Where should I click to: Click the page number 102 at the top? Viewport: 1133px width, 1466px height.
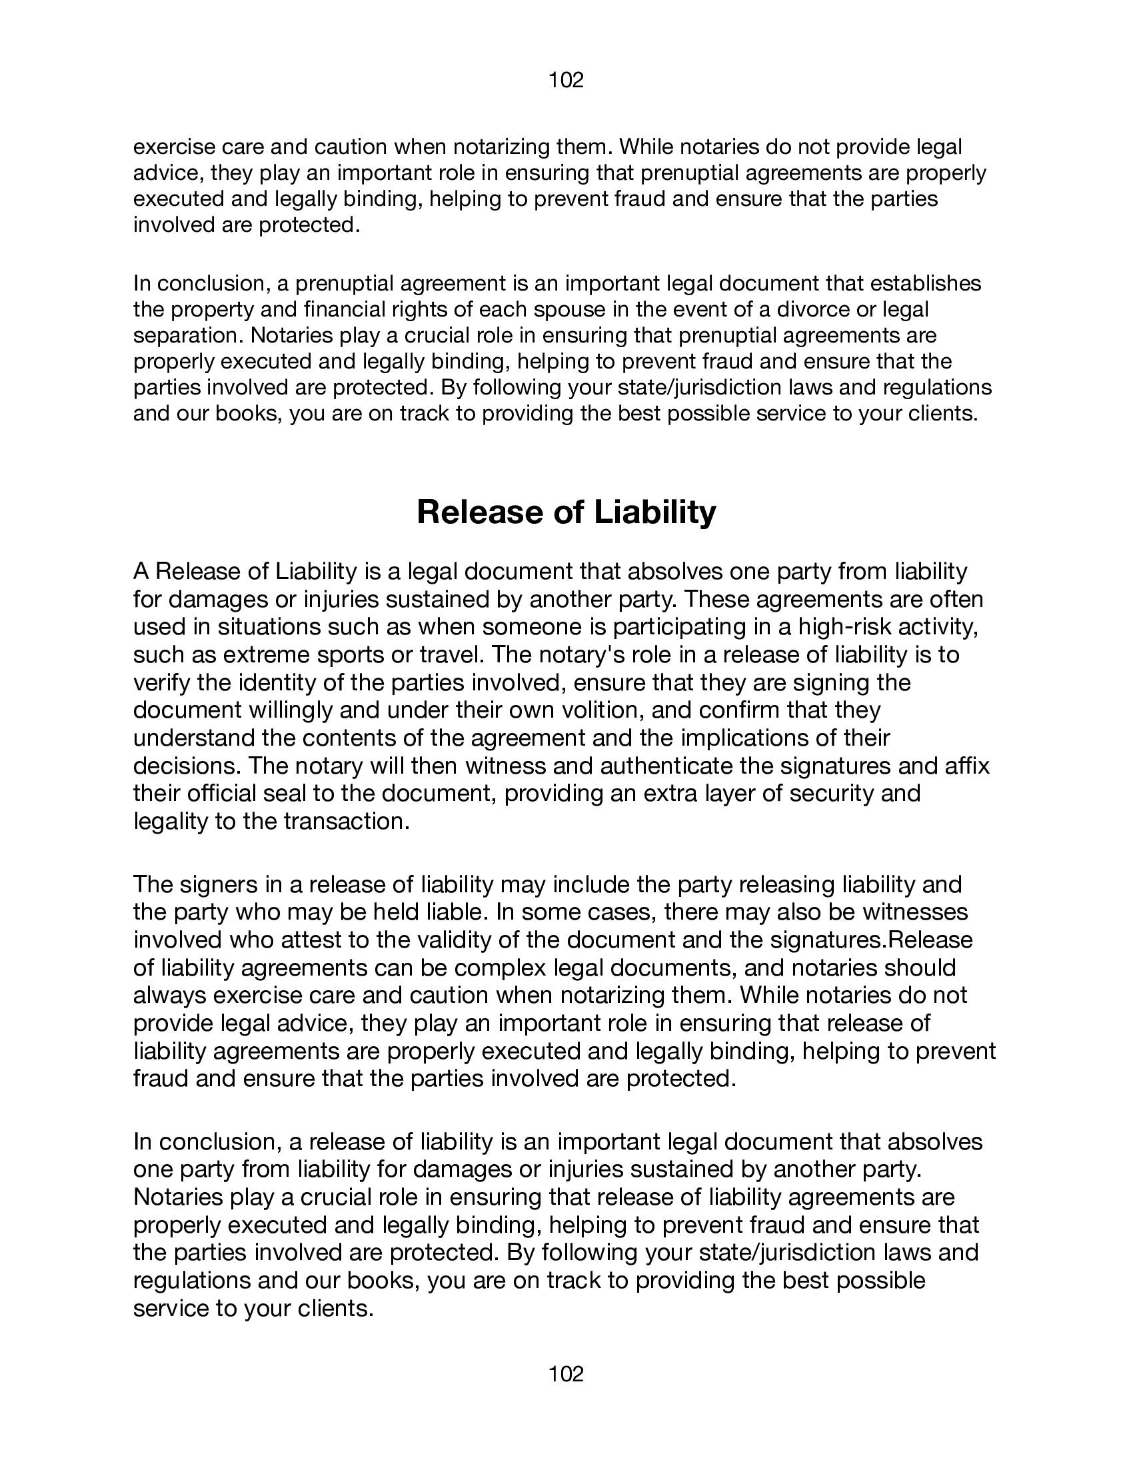566,81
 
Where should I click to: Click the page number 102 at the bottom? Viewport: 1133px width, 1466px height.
566,1374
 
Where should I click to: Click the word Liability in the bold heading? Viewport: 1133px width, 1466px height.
654,512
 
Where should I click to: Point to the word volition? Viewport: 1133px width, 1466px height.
600,710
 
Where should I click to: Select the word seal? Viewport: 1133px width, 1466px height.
287,794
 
